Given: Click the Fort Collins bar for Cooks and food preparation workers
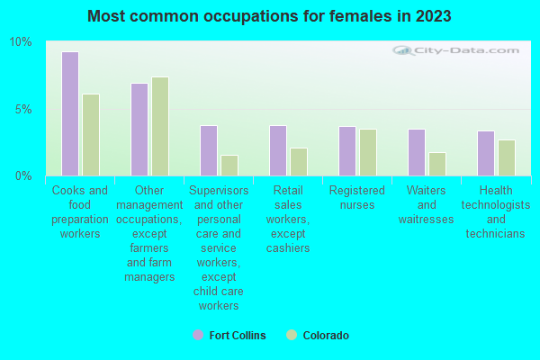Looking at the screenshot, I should [69, 113].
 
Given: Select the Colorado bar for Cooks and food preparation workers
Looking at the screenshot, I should [90, 135].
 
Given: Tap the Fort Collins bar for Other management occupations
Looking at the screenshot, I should [139, 130].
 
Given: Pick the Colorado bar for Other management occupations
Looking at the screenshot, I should [159, 126].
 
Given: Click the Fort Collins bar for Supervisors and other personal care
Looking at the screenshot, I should [208, 150].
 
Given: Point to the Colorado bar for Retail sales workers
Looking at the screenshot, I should [298, 162].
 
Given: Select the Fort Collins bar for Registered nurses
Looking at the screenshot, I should [346, 151].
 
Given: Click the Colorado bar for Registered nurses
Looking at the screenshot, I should [367, 152].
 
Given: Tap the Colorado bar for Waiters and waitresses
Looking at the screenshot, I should [436, 164].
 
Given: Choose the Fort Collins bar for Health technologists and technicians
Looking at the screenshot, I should [485, 153].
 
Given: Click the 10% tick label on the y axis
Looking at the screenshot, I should [20, 42].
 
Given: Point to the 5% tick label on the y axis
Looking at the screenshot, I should [23, 109].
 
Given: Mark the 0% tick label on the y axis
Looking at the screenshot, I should [23, 175].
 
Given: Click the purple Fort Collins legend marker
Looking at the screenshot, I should [197, 335].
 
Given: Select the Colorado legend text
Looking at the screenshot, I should [325, 335].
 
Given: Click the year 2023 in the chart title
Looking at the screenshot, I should [429, 16].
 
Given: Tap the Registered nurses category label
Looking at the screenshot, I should [356, 198].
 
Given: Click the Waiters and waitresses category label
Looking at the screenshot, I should [426, 205].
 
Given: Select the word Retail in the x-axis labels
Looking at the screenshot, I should [287, 191].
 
